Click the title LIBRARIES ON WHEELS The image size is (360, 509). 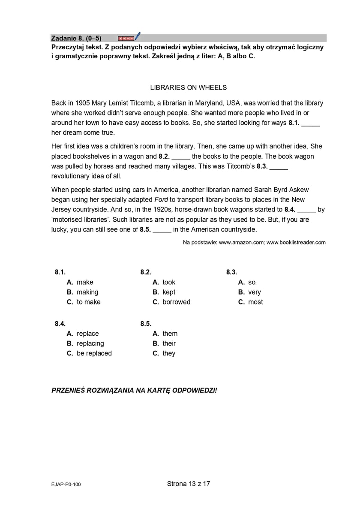coord(188,87)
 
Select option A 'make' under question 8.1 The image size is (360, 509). coord(84,282)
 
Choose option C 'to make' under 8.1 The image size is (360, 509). coord(88,302)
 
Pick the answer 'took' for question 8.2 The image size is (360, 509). coord(169,282)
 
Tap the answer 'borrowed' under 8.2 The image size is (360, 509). coord(176,302)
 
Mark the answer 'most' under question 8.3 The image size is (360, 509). coord(255,302)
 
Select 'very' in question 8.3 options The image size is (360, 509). coord(255,292)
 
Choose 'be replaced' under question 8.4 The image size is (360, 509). coord(94,353)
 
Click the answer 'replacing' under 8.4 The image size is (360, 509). coord(90,343)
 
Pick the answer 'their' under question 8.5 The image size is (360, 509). coord(169,343)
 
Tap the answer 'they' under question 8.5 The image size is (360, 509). coord(169,353)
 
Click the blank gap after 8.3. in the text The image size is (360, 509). coord(279,167)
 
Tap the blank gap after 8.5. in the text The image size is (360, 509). coord(162,229)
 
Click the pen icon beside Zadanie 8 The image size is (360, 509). coord(137,36)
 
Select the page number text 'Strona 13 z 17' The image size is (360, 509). coord(189,484)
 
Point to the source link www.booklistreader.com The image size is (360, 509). coord(296,242)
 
